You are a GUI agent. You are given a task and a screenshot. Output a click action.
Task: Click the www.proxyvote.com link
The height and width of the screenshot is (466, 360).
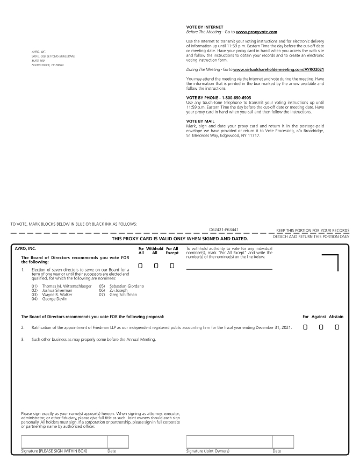256,32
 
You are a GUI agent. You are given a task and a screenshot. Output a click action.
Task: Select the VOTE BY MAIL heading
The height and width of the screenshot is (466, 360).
200,121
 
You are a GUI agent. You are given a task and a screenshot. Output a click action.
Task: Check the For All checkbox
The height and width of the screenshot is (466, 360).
141,266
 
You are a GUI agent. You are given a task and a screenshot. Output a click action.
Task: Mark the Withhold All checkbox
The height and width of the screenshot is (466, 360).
156,266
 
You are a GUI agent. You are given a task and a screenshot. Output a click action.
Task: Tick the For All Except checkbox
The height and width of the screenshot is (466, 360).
171,266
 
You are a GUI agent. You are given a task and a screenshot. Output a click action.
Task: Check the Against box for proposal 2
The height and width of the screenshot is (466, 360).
321,327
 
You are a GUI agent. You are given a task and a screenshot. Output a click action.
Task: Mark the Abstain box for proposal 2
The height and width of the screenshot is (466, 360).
336,327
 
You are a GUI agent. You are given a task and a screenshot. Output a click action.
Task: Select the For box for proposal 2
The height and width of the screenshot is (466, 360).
305,327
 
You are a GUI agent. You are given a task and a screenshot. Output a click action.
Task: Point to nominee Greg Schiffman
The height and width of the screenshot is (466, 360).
123,295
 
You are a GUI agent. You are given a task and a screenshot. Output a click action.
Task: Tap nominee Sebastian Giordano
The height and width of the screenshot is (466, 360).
126,286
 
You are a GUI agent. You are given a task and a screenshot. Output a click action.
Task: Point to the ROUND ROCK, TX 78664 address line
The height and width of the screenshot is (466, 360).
48,65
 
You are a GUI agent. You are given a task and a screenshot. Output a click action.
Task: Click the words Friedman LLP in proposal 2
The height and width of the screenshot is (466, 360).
113,327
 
